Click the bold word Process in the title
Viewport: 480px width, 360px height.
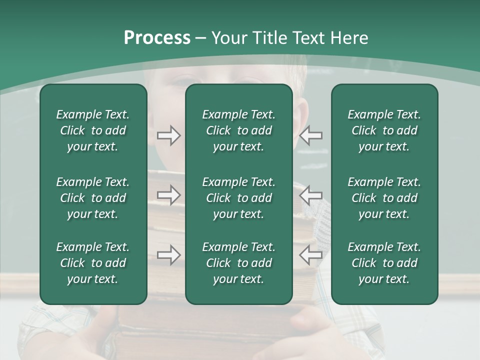pyautogui.click(x=157, y=38)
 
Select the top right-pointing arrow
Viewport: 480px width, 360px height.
pyautogui.click(x=169, y=135)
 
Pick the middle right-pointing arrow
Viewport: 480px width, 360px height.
pyautogui.click(x=169, y=195)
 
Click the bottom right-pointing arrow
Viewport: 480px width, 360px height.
pyautogui.click(x=169, y=255)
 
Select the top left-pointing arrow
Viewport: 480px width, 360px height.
pyautogui.click(x=310, y=135)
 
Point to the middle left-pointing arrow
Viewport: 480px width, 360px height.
pyautogui.click(x=310, y=195)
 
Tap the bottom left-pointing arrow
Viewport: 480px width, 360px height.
pyautogui.click(x=310, y=255)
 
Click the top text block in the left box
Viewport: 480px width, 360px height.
pyautogui.click(x=93, y=130)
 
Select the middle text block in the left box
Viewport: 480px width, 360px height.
pyautogui.click(x=93, y=198)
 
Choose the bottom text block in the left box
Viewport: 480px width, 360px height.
pyautogui.click(x=93, y=263)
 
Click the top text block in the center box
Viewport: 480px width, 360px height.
pyautogui.click(x=238, y=130)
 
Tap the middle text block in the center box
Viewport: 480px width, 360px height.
pyautogui.click(x=238, y=198)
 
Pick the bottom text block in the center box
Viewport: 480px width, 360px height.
pyautogui.click(x=238, y=263)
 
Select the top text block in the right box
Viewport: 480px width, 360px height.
pyautogui.click(x=384, y=130)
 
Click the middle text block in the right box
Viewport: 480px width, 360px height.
pyautogui.click(x=384, y=198)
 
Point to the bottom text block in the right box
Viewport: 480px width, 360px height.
pyautogui.click(x=384, y=263)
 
